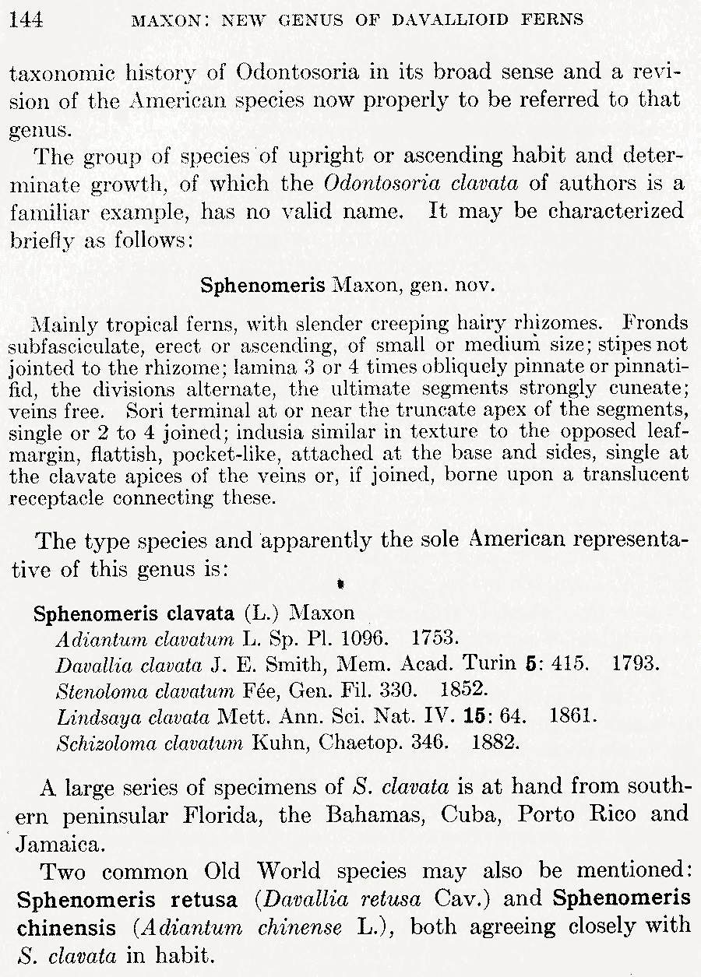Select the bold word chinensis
click(x=62, y=926)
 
